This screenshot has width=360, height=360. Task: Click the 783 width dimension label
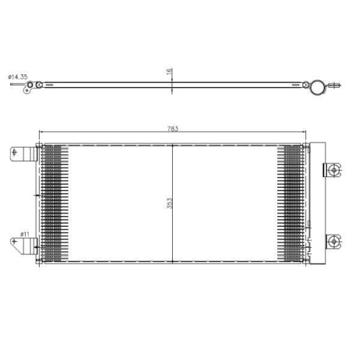(x=173, y=129)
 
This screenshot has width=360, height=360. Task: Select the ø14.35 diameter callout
(x=17, y=76)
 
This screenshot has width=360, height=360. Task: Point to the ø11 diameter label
(x=24, y=233)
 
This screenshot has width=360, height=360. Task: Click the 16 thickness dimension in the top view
(x=170, y=72)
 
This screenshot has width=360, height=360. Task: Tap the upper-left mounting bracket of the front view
(x=24, y=155)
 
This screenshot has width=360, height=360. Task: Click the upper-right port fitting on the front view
(x=332, y=170)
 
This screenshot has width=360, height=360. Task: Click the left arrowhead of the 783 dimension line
(x=40, y=133)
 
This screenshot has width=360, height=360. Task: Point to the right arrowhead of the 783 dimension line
(x=305, y=133)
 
